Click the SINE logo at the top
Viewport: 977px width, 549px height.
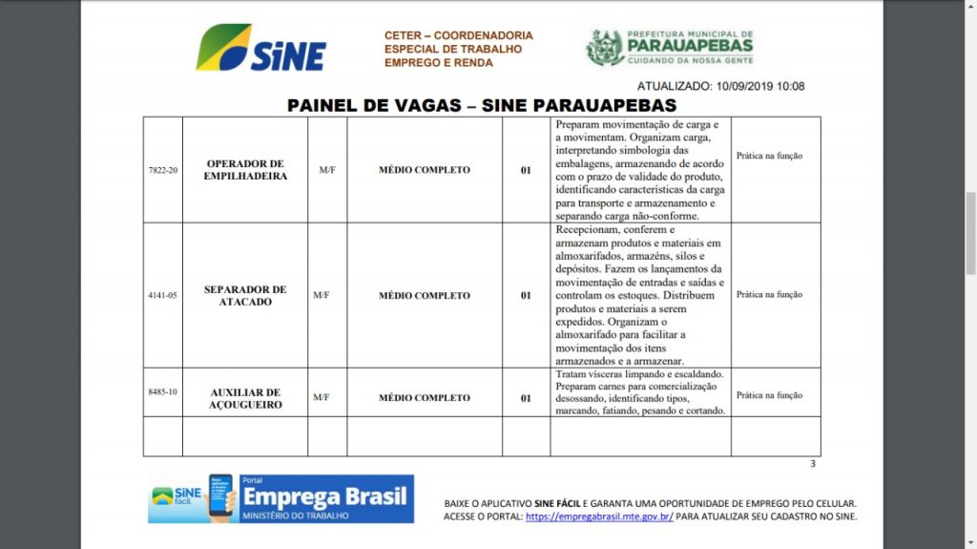260,48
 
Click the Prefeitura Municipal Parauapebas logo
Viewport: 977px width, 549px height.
670,47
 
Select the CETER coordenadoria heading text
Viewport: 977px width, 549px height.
458,49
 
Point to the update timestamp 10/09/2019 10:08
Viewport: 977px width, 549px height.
720,86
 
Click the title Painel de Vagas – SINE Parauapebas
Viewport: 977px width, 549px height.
482,105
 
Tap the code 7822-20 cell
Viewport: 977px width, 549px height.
163,170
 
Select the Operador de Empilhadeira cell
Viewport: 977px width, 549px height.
245,170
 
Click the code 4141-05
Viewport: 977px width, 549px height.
163,295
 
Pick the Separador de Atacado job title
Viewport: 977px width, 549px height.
245,295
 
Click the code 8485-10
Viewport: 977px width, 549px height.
163,391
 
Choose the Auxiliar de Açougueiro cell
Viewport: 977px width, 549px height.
245,398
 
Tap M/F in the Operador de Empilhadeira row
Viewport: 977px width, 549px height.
327,170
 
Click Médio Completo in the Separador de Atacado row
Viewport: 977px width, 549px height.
425,295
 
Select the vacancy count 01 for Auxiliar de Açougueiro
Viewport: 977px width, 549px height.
526,398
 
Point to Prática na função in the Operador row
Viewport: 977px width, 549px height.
769,156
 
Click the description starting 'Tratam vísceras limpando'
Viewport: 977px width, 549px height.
639,392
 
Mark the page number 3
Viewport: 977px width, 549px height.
813,464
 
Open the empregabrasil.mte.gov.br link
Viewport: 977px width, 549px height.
599,517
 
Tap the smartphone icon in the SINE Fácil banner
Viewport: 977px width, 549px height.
221,497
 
